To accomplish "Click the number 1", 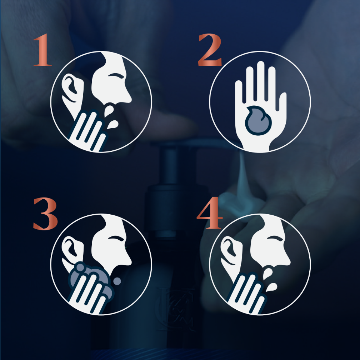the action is click(x=43, y=50).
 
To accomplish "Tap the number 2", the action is click(x=210, y=50).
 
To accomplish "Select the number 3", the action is click(x=45, y=214).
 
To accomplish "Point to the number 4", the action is click(x=210, y=212).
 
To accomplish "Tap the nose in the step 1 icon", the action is click(x=127, y=96).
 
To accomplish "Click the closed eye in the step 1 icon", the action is click(x=116, y=76).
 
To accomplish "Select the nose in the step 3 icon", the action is click(x=127, y=259).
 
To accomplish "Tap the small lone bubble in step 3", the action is click(x=117, y=281).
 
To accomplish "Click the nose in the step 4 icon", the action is click(x=286, y=259).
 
